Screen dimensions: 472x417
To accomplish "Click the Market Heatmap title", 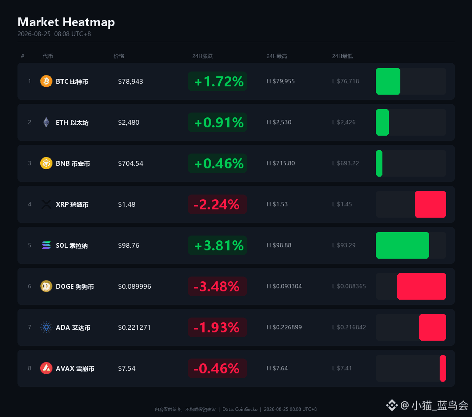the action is coord(66,22).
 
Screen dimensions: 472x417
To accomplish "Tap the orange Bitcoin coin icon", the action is coord(46,81).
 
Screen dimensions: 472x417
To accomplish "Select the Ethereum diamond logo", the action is coord(46,122).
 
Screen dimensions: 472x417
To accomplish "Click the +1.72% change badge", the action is coord(217,82).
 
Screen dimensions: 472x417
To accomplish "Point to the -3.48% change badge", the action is coord(217,286).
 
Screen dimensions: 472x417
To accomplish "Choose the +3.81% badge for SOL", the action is coord(217,246).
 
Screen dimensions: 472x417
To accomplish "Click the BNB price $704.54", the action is coord(131,164).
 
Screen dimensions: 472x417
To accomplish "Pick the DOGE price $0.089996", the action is coord(135,286).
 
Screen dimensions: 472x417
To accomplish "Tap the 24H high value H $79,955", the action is coord(281,81).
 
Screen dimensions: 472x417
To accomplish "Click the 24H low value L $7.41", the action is coord(342,368).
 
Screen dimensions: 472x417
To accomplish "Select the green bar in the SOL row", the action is coord(403,246).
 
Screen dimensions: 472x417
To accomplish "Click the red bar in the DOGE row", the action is coord(422,286).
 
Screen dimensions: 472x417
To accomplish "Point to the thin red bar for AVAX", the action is coord(443,368).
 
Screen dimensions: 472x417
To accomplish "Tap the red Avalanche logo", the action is coord(46,368).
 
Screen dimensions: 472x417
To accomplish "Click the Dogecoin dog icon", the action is coord(46,286).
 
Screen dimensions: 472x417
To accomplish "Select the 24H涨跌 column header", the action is coord(203,56).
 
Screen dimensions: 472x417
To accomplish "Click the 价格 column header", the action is coord(118,56).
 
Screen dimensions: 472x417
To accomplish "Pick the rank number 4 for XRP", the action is coord(30,204).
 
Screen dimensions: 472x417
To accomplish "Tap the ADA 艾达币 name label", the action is coord(73,328).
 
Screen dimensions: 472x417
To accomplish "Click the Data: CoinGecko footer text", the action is coord(240,409).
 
